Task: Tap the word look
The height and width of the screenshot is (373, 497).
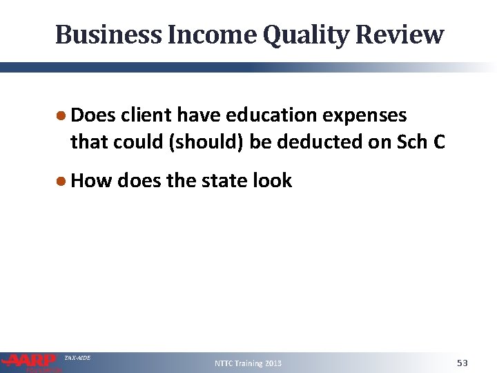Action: click(x=274, y=181)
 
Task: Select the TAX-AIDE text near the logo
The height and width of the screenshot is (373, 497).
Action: click(x=77, y=357)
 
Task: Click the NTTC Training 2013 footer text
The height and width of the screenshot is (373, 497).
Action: click(x=248, y=363)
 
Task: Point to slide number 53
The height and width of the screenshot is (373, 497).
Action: click(x=462, y=363)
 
